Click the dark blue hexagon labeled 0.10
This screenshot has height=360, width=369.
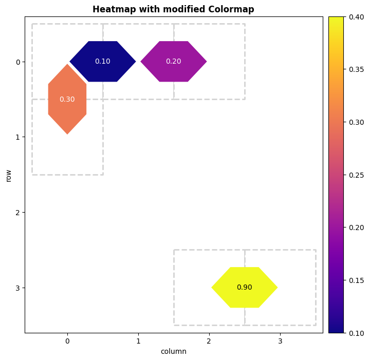pyautogui.click(x=103, y=62)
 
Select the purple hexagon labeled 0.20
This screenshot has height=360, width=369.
pyautogui.click(x=174, y=62)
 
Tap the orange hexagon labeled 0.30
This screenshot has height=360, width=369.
pyautogui.click(x=67, y=99)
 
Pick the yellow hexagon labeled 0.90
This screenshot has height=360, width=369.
pyautogui.click(x=245, y=288)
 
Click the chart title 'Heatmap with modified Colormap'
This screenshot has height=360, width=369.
pyautogui.click(x=173, y=9)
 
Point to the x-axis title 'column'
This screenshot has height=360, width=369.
pyautogui.click(x=173, y=352)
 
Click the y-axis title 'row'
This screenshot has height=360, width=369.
pyautogui.click(x=8, y=175)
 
